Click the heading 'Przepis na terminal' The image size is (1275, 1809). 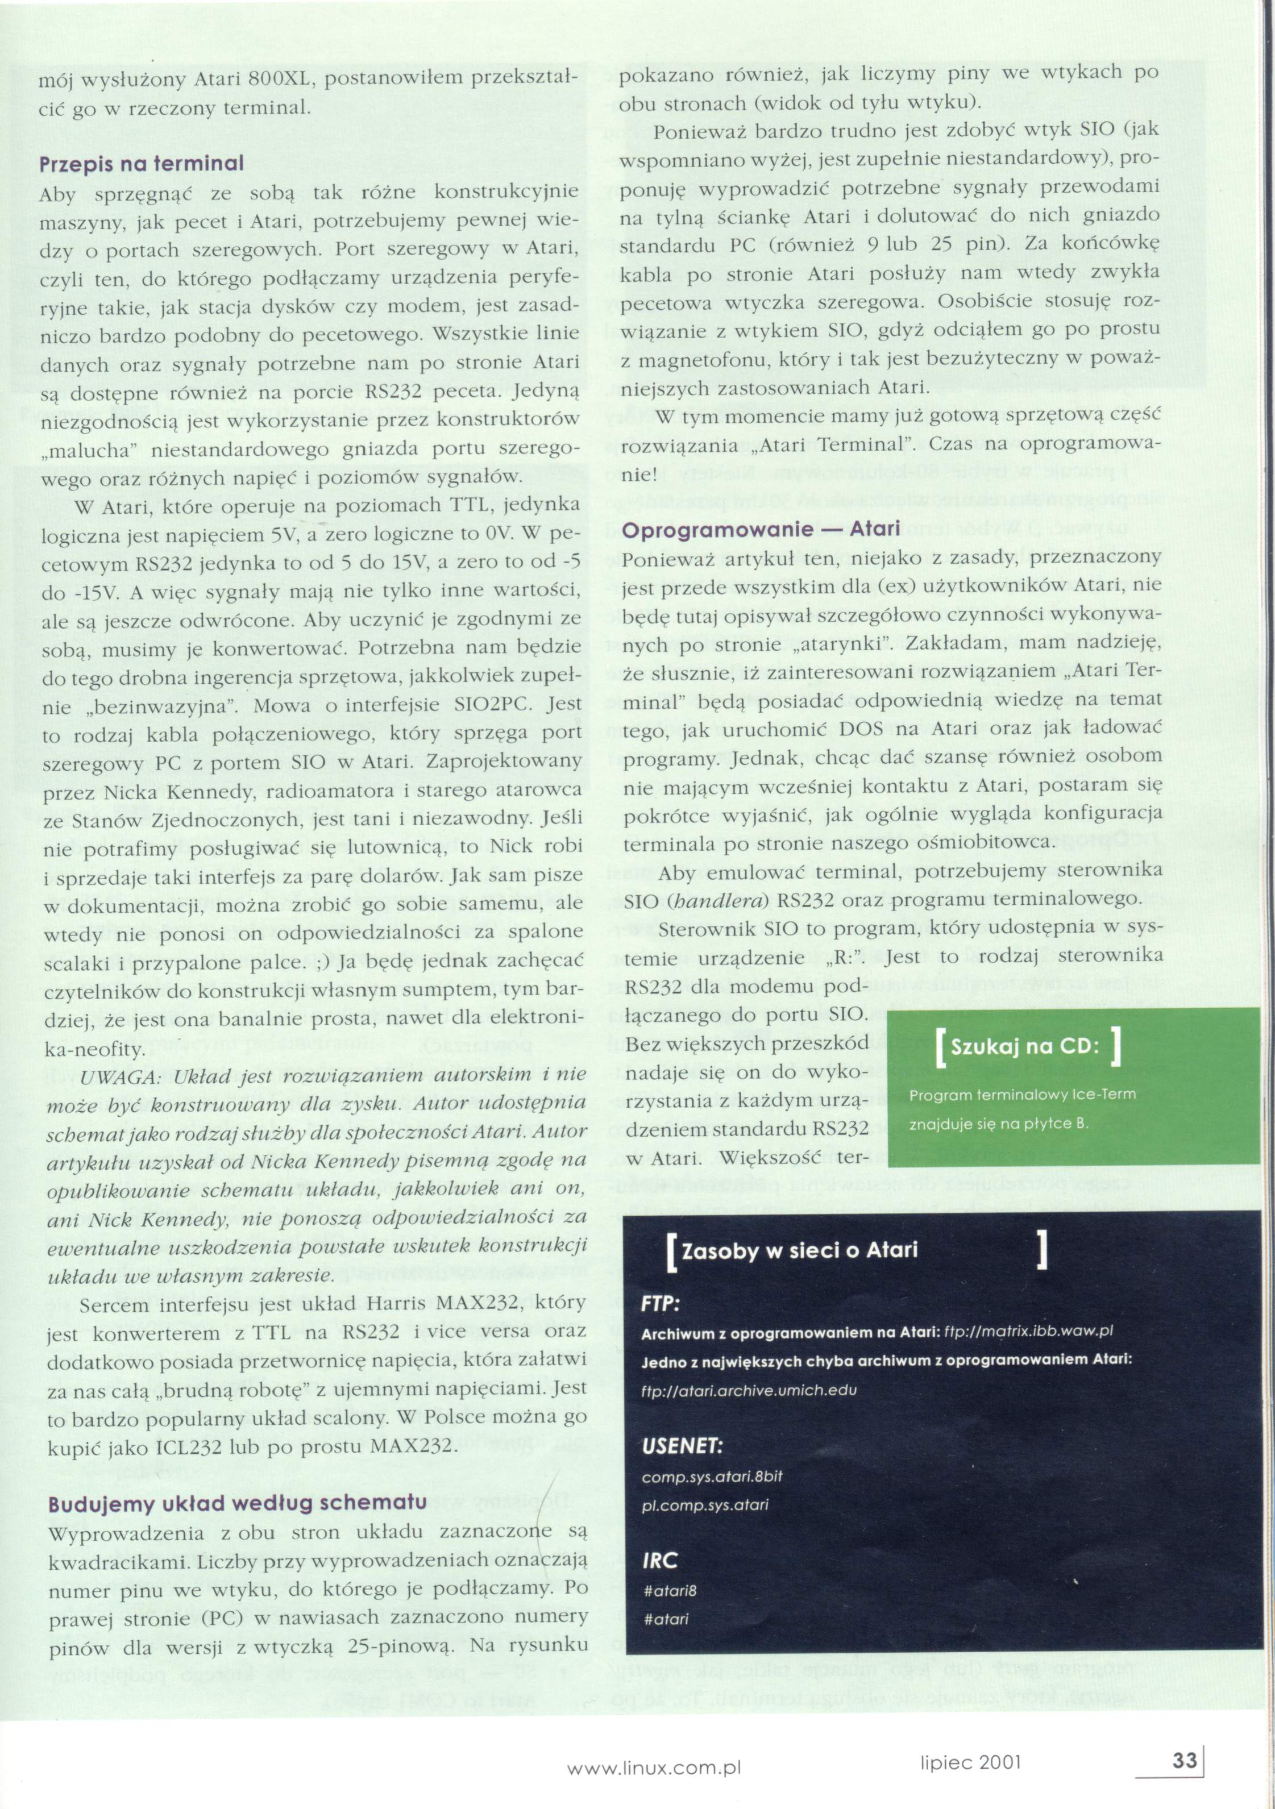coord(141,163)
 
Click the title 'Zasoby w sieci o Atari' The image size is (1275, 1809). coord(799,1250)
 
